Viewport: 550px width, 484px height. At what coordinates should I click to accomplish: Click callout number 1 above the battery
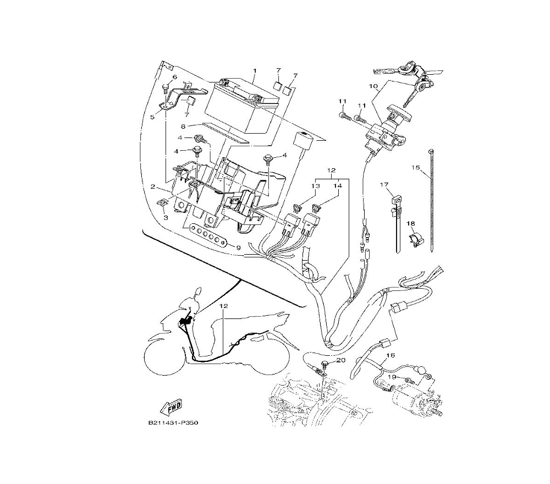click(255, 71)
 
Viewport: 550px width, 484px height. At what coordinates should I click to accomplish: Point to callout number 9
click(238, 248)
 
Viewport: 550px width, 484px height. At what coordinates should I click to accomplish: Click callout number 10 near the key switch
click(372, 86)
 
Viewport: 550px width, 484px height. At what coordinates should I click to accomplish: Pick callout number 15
click(416, 166)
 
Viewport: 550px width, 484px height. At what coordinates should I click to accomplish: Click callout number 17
click(383, 185)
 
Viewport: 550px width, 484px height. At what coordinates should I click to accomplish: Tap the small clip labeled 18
click(416, 240)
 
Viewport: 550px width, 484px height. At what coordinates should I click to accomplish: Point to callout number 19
click(393, 377)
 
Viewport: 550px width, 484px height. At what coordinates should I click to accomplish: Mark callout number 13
click(316, 186)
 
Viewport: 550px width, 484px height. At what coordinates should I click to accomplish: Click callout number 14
click(338, 186)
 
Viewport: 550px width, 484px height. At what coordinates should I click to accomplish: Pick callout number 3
click(166, 218)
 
